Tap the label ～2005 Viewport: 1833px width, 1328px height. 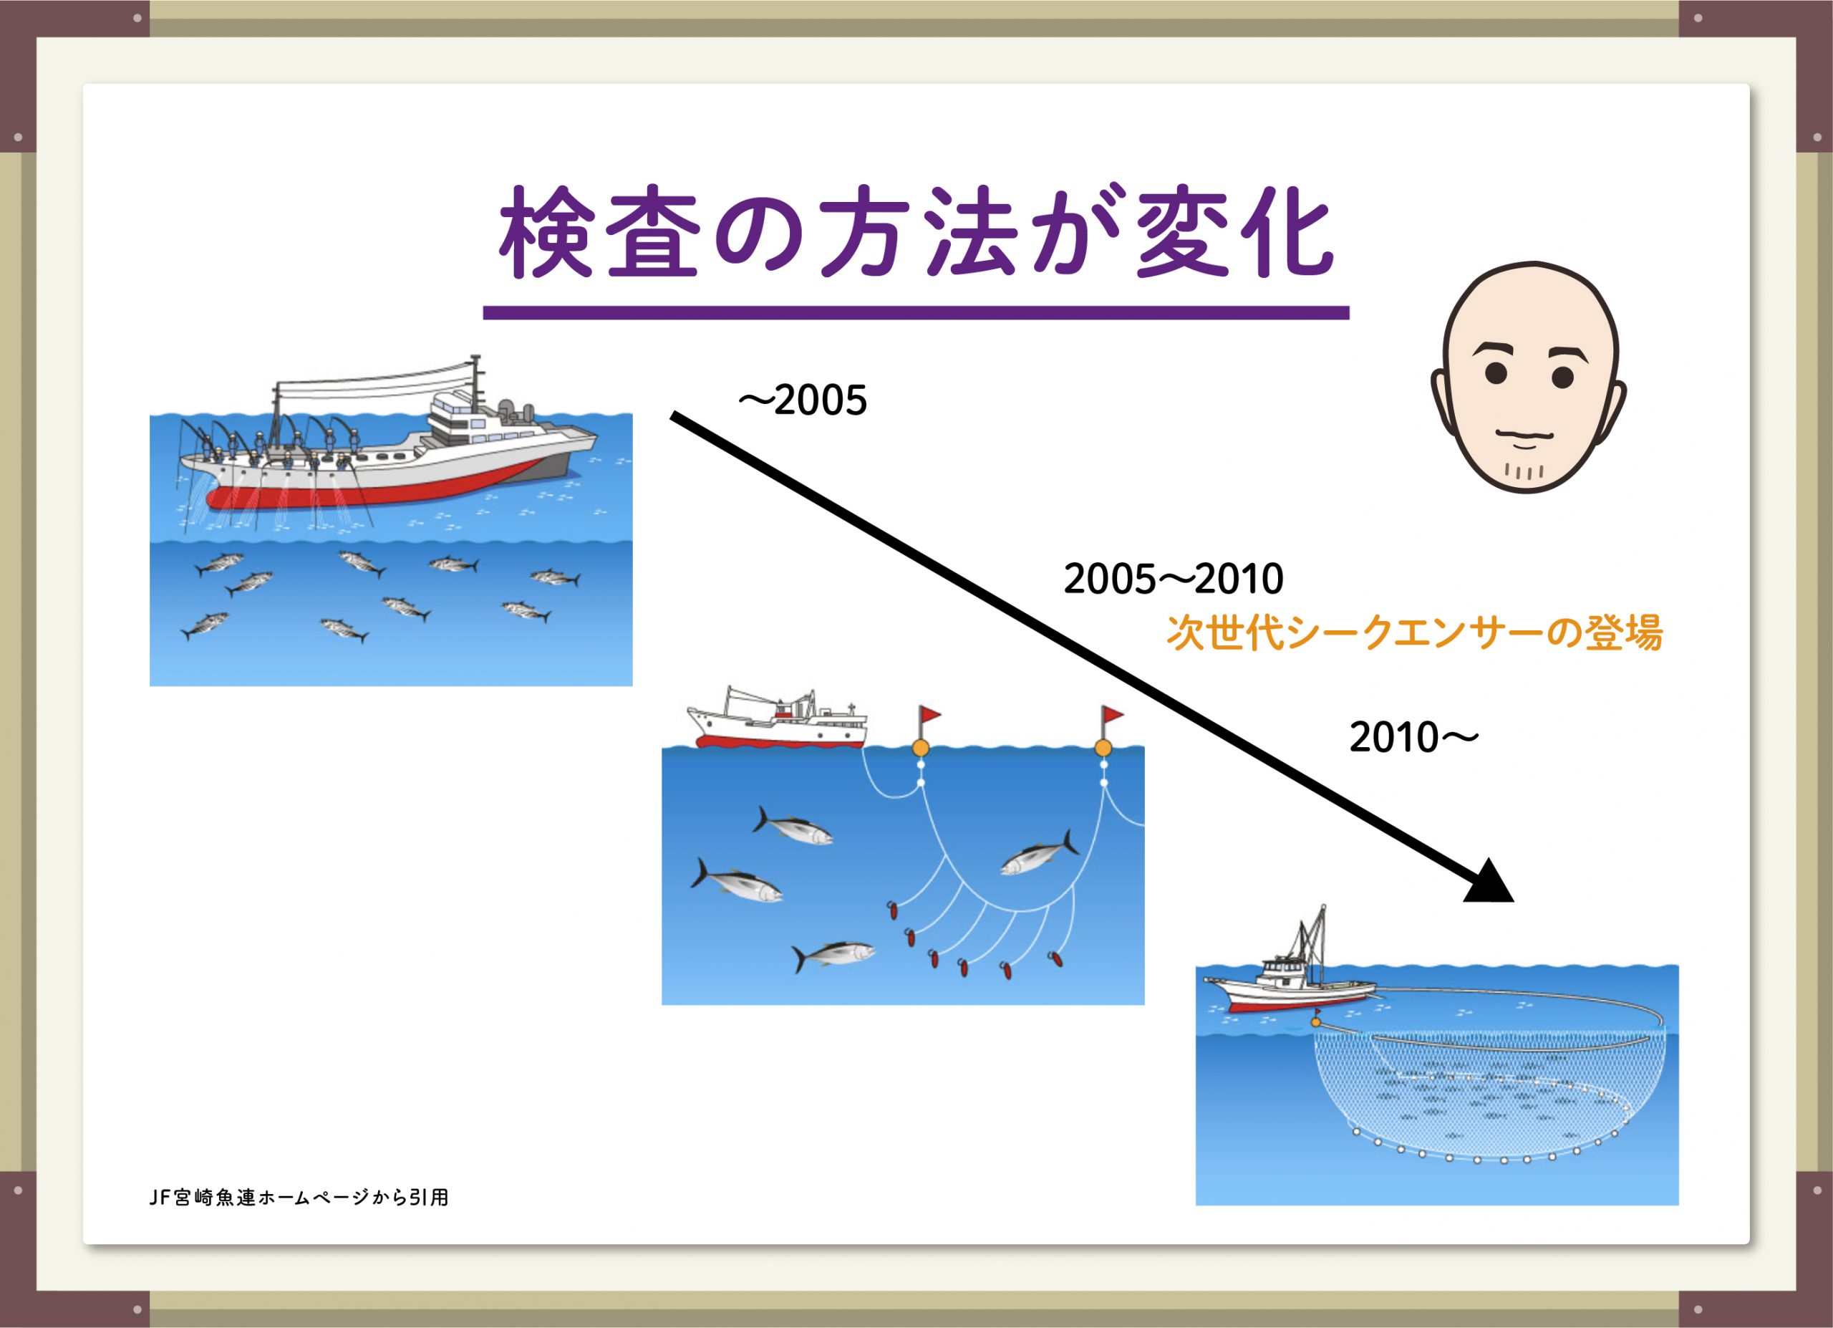(x=803, y=401)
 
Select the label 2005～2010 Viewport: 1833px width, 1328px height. (x=1174, y=579)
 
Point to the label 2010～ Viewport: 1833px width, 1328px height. (x=1413, y=737)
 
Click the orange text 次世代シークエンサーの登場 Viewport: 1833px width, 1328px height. (x=1414, y=633)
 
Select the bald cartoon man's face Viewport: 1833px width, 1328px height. (x=1527, y=377)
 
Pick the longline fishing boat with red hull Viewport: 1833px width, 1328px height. (x=777, y=719)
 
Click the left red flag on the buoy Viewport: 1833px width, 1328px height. (x=929, y=715)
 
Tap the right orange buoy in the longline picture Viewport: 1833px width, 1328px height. (x=1103, y=748)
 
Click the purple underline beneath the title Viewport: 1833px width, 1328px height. (x=916, y=312)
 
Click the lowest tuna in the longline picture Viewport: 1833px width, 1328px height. (x=833, y=955)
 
